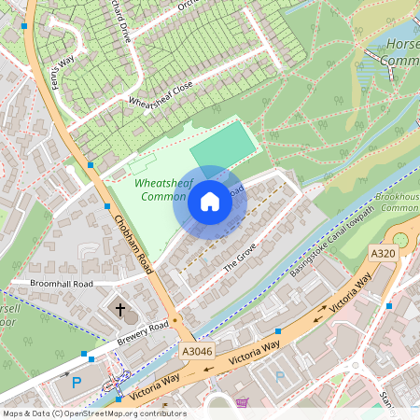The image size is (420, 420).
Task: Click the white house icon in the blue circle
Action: [x=210, y=201]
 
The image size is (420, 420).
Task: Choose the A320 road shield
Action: [x=384, y=253]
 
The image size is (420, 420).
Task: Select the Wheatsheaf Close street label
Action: [x=161, y=93]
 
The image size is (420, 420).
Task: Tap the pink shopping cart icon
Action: [x=243, y=403]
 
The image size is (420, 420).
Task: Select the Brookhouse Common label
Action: [x=399, y=202]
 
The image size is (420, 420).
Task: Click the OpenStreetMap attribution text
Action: [x=94, y=413]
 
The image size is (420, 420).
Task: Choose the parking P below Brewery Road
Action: [x=77, y=383]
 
